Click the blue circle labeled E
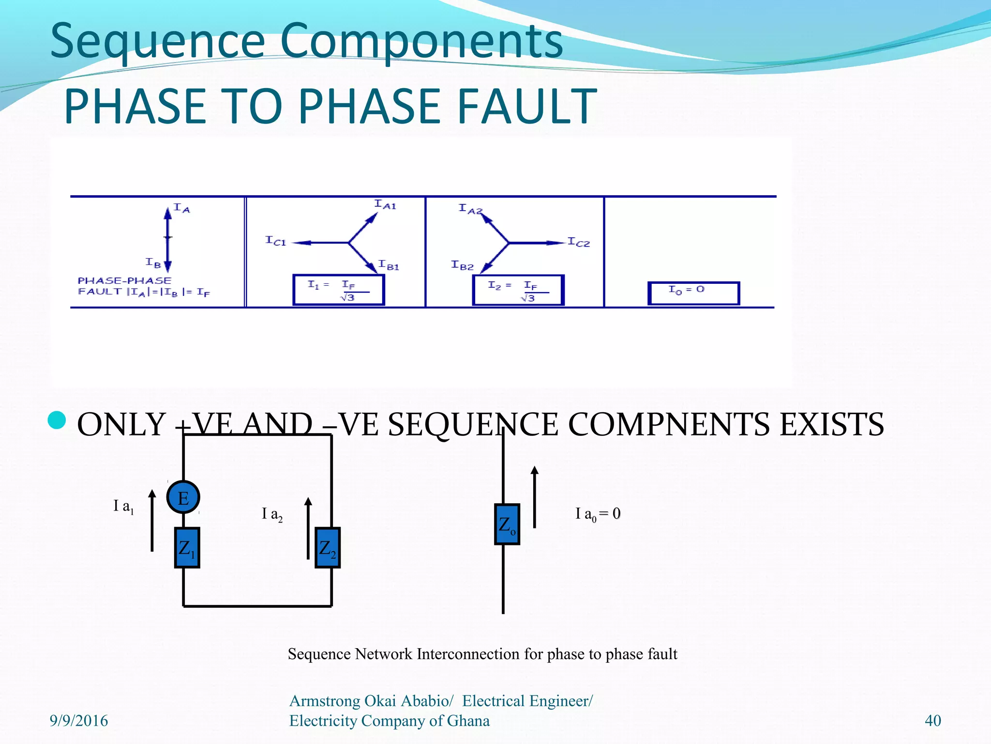[183, 497]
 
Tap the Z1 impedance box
[187, 548]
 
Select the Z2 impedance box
[328, 548]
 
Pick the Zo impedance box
[507, 524]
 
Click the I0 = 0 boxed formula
[693, 293]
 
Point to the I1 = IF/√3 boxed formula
[338, 290]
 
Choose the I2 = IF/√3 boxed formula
[518, 290]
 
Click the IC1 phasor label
[276, 241]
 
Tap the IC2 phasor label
[579, 242]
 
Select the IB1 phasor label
[389, 265]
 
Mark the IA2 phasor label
[470, 209]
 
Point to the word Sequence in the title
[158, 41]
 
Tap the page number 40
[932, 721]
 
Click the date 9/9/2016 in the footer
[79, 721]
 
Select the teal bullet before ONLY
[57, 420]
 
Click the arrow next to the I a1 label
[152, 520]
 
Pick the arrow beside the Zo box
[534, 496]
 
